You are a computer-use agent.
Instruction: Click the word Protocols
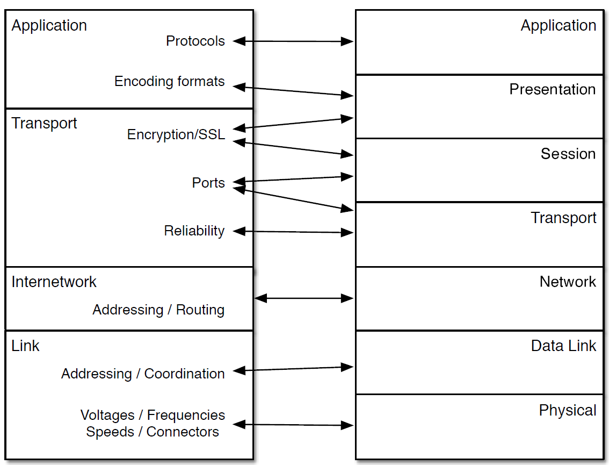point(195,41)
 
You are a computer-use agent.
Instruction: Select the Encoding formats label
point(169,82)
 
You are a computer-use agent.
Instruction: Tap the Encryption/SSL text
point(176,134)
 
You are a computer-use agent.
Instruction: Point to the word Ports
point(208,183)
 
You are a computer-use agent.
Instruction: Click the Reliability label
point(194,231)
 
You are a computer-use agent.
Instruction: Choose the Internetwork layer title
point(54,282)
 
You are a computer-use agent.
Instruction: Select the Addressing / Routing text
point(158,310)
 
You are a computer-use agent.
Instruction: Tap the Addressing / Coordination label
point(143,374)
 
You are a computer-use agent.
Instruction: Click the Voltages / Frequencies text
point(153,416)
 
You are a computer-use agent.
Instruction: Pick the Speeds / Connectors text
point(153,432)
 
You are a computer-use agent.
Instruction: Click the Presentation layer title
point(552,89)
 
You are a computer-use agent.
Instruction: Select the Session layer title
point(568,154)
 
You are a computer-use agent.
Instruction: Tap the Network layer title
point(568,282)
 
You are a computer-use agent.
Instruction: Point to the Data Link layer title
point(563,346)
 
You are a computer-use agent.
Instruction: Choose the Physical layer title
point(567,410)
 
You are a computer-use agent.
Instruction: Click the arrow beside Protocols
point(293,41)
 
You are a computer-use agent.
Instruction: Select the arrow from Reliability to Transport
point(293,232)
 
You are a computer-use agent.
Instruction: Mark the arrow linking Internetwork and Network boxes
point(304,298)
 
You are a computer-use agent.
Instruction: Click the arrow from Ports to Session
point(293,179)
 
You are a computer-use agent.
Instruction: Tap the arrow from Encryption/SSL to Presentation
point(293,123)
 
